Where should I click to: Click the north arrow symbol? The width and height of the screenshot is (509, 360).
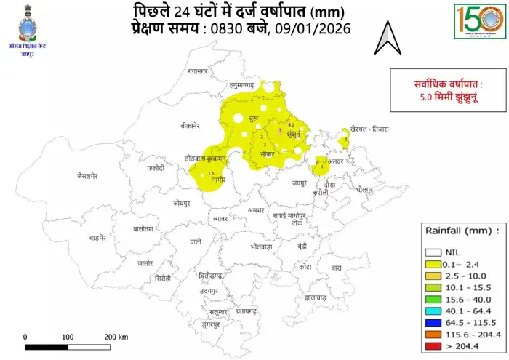point(389,38)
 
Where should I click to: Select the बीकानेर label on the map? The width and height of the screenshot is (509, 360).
point(194,125)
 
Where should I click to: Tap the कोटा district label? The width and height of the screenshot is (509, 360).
point(305,267)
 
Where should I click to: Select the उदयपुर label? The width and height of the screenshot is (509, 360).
point(212,290)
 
